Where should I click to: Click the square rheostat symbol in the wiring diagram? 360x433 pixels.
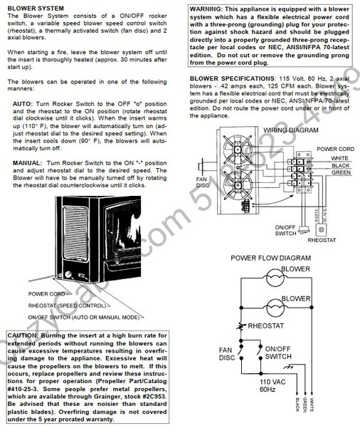321,230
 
